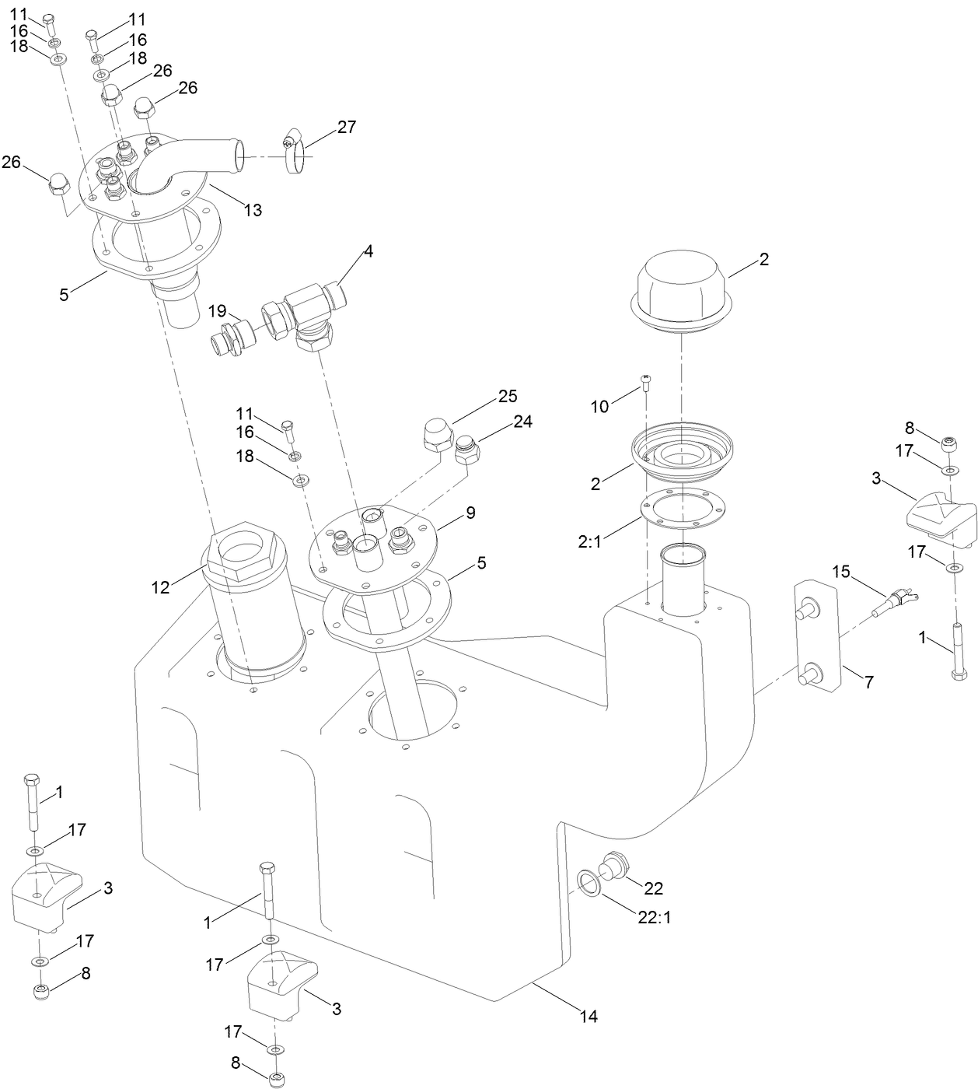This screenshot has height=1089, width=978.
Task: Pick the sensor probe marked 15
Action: coord(895,604)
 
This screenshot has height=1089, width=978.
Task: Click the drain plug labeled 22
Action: coord(612,867)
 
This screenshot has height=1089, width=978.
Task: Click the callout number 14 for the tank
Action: coord(589,1016)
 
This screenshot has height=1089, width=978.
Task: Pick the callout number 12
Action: coord(160,588)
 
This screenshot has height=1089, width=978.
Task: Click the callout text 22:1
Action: coord(654,917)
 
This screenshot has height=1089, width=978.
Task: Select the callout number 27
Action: coord(346,127)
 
